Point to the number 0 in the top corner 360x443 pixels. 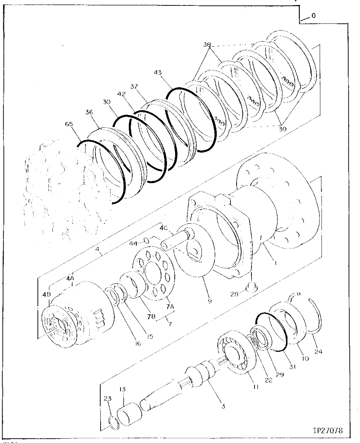point(313,16)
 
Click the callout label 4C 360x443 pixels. point(164,229)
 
